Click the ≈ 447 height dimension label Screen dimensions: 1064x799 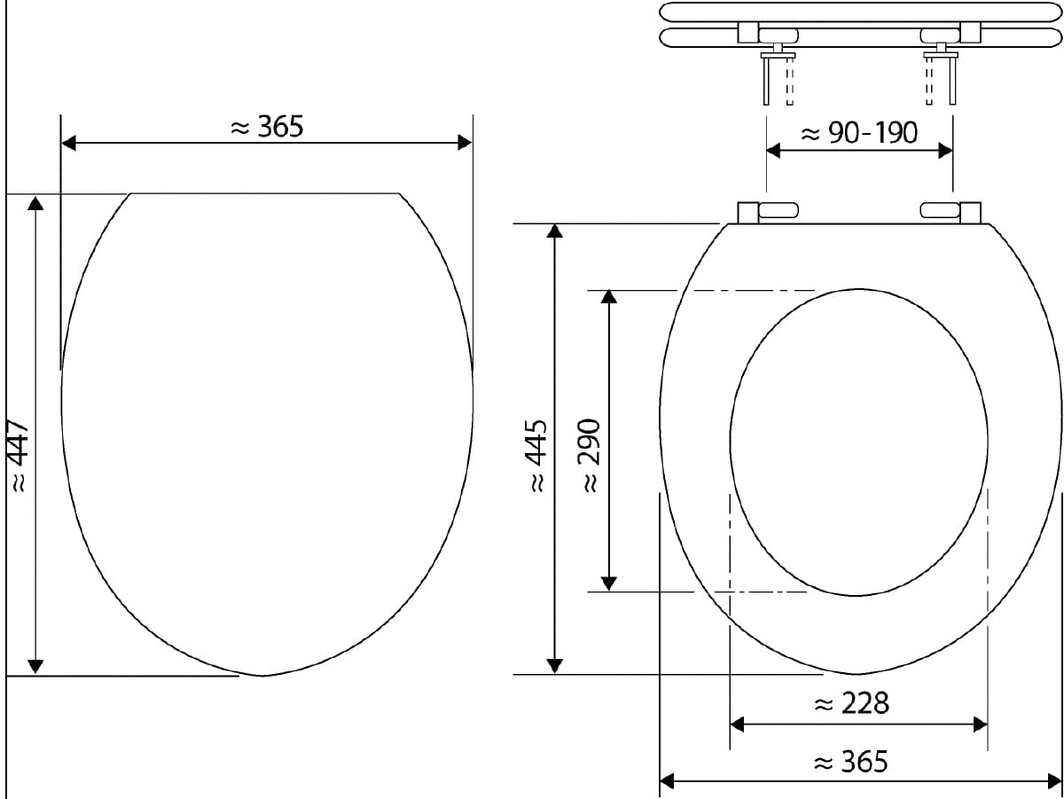(x=20, y=457)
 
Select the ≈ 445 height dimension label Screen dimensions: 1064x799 (x=538, y=456)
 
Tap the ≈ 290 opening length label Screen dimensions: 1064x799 (x=591, y=456)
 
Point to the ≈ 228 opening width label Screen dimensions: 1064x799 (x=852, y=703)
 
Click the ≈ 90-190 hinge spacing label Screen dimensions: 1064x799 (x=859, y=132)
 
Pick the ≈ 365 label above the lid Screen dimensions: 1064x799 (x=267, y=127)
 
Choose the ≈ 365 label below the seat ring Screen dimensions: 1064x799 (x=850, y=762)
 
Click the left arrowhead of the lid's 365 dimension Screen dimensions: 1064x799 (x=69, y=143)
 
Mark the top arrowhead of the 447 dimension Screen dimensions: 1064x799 (x=35, y=203)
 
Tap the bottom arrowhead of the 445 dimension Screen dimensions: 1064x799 (x=554, y=666)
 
